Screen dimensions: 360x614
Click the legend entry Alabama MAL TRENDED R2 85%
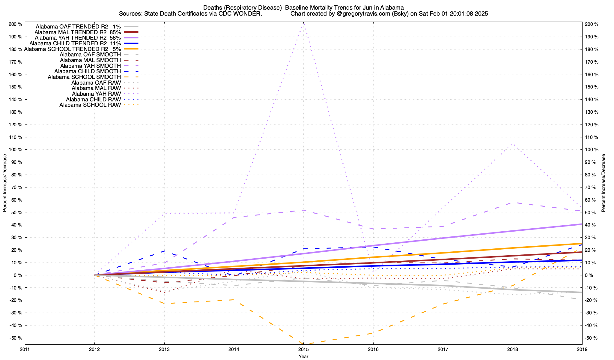pos(78,32)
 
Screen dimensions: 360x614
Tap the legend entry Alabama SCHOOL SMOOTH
pos(84,77)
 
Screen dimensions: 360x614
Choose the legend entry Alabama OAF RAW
pos(96,83)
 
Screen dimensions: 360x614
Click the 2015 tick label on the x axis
pos(303,349)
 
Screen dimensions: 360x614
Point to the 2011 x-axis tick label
pos(25,349)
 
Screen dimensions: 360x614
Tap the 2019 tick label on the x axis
pos(582,349)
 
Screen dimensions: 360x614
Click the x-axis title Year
pos(303,356)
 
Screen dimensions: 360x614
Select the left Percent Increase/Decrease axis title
pos(5,183)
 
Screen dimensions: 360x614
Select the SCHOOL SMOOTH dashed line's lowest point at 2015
pos(303,344)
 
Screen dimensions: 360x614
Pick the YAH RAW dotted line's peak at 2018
pos(512,144)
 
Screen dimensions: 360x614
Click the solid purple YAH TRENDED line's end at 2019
pos(582,224)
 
